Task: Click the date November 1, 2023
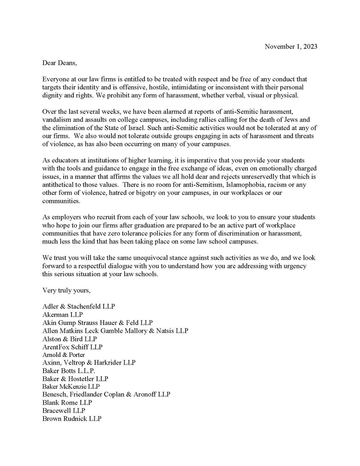click(x=291, y=47)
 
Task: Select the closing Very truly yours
click(x=66, y=290)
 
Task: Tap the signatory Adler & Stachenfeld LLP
click(x=79, y=306)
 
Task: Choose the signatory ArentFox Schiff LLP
click(x=73, y=347)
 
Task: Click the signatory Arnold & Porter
click(x=63, y=355)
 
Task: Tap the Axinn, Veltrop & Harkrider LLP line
click(x=89, y=363)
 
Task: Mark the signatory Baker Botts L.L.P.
click(x=68, y=371)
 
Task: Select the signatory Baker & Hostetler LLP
click(x=76, y=379)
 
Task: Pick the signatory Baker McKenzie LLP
click(x=71, y=387)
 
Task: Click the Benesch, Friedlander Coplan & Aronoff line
click(x=106, y=395)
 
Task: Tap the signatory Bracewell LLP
click(x=64, y=410)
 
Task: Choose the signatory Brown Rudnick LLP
click(x=72, y=419)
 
